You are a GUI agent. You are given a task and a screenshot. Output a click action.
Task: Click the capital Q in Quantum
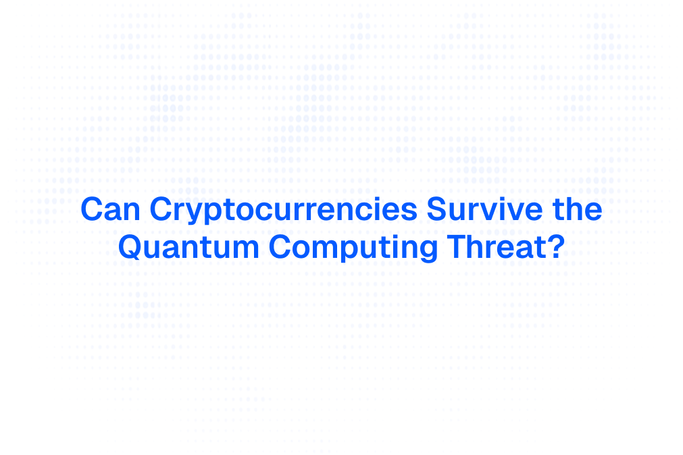click(130, 247)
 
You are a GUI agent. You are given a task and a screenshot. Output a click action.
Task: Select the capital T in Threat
click(457, 247)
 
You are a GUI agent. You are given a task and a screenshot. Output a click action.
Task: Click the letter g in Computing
click(428, 250)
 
